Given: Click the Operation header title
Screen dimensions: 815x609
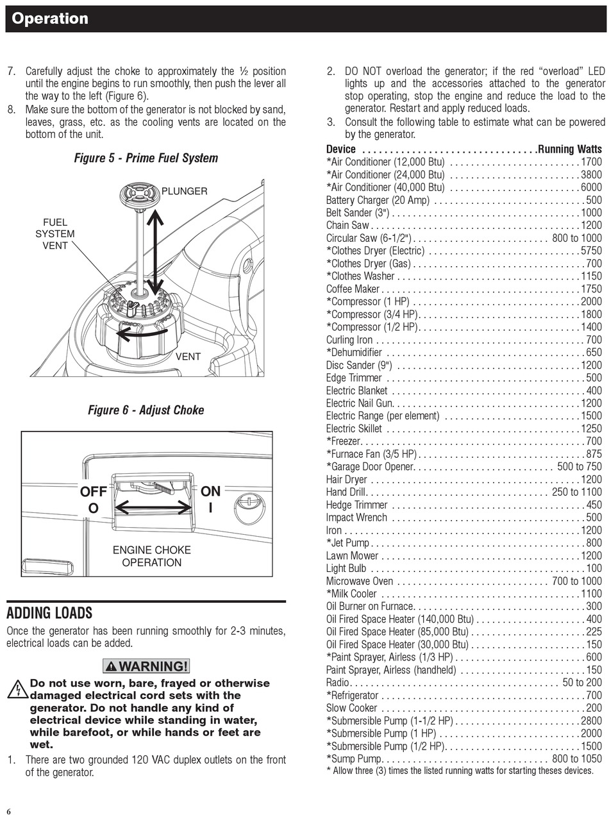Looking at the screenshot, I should click(50, 19).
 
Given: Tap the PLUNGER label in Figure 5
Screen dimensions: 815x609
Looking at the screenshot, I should click(184, 191).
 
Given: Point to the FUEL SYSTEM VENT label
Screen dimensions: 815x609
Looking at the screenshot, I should click(54, 234).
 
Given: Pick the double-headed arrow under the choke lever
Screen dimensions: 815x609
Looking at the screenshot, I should click(154, 508).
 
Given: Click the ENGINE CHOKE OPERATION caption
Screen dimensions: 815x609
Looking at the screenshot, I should click(152, 557).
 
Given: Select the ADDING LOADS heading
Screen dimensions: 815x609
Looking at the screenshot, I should click(49, 613).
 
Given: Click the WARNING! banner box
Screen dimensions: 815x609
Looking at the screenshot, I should click(146, 666).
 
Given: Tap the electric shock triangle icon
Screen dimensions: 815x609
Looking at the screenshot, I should click(17, 690).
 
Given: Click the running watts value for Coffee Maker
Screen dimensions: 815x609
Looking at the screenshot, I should click(591, 289).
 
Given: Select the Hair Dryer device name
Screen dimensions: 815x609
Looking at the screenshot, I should click(347, 480).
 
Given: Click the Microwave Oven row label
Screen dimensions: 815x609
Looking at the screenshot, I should click(359, 582).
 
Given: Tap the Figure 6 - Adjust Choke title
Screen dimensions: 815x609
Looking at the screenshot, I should click(146, 410).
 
